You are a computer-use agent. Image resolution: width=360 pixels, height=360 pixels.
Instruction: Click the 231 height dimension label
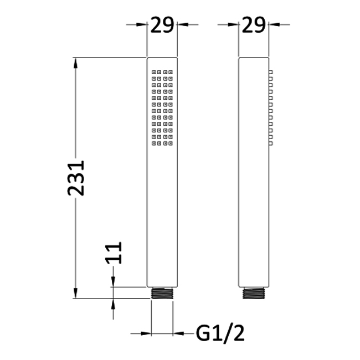[76, 178]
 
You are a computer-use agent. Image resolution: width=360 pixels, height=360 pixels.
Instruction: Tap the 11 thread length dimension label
[114, 253]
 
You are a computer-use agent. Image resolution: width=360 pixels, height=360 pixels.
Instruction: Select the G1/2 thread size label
[220, 333]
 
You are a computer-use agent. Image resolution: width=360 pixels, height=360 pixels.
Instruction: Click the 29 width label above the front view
[162, 25]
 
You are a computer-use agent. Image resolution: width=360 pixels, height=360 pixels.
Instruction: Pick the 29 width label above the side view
[254, 25]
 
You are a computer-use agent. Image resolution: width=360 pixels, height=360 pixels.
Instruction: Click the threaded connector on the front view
[162, 293]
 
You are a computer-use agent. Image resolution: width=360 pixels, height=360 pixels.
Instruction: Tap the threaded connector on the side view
[254, 293]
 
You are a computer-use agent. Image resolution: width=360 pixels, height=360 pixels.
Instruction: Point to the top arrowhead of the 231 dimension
[75, 63]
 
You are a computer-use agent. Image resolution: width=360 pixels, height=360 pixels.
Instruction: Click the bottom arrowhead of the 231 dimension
[75, 294]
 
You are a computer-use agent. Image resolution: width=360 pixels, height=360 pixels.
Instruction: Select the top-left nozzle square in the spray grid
[153, 72]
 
